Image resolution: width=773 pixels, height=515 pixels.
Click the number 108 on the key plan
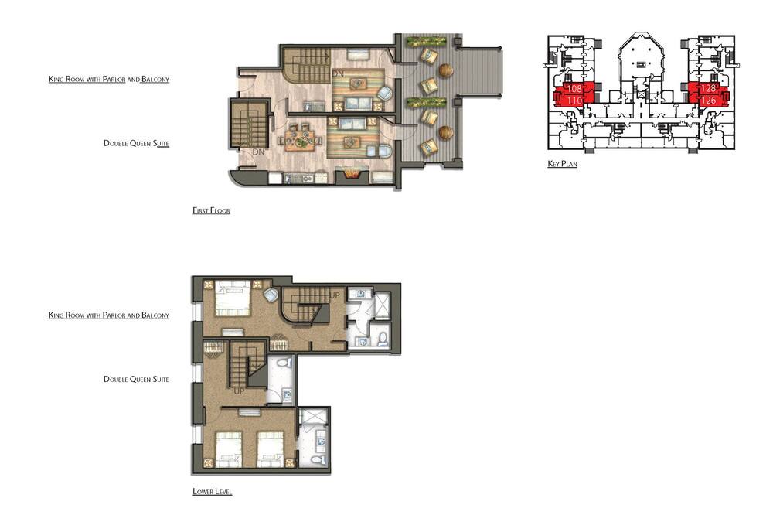click(x=574, y=89)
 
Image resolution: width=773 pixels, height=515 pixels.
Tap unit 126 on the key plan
click(x=708, y=101)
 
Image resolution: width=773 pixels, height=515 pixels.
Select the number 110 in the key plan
click(x=574, y=101)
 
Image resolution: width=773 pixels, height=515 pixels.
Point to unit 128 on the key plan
click(x=708, y=88)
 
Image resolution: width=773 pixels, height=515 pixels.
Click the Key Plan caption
click(x=562, y=164)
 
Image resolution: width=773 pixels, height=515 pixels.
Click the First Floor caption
click(x=211, y=210)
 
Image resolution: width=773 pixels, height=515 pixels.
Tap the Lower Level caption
click(x=212, y=491)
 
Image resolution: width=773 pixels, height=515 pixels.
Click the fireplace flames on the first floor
click(x=352, y=175)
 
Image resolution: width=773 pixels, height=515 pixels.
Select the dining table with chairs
click(x=300, y=139)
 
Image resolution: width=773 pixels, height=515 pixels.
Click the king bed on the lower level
click(x=232, y=298)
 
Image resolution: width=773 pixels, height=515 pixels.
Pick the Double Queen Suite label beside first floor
click(x=136, y=143)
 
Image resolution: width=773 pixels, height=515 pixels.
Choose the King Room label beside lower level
click(x=109, y=315)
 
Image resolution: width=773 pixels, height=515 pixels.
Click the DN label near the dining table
click(x=258, y=152)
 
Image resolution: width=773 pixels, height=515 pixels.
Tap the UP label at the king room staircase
click(x=335, y=295)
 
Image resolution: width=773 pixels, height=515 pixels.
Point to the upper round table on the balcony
click(x=446, y=70)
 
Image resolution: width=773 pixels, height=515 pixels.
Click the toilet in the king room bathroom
click(x=383, y=339)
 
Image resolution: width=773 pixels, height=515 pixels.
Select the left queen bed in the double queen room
click(x=229, y=449)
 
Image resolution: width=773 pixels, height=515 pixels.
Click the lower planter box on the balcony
click(x=426, y=103)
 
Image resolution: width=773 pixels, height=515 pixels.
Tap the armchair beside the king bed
click(x=271, y=296)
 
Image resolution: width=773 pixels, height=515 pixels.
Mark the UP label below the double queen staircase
click(x=239, y=391)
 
